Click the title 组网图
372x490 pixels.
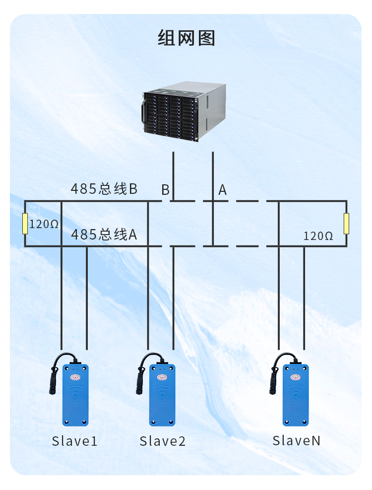click(x=186, y=38)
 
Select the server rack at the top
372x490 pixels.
click(x=185, y=111)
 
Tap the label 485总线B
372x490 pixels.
click(x=104, y=189)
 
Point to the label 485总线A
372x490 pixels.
click(x=104, y=234)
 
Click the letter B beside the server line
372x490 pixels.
click(x=165, y=190)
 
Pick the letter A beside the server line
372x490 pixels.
click(x=222, y=190)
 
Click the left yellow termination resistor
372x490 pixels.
click(x=25, y=224)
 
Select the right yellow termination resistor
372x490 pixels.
click(x=346, y=224)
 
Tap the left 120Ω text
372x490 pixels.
click(x=44, y=224)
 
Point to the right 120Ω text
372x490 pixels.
click(x=318, y=236)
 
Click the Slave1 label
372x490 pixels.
click(x=75, y=441)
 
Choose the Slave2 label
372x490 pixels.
click(x=162, y=441)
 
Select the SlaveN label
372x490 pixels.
click(x=296, y=440)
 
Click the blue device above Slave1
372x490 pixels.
click(x=75, y=395)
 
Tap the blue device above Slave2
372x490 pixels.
click(x=163, y=395)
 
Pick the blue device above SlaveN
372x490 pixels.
click(x=296, y=395)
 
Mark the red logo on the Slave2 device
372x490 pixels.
click(x=162, y=378)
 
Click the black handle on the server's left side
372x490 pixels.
click(x=144, y=110)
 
